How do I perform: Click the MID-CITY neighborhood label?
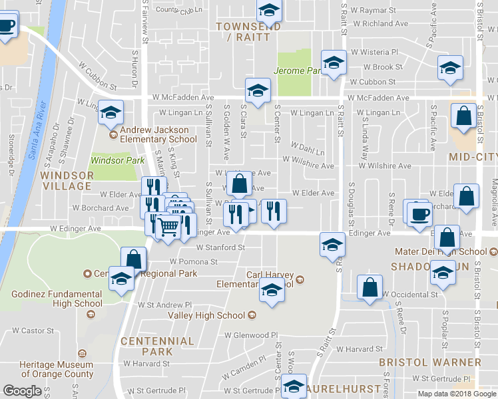(x=473, y=158)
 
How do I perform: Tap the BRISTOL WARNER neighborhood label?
(x=430, y=362)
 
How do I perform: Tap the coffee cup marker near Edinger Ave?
(x=419, y=215)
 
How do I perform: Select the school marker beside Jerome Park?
(x=333, y=63)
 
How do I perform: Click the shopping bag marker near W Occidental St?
(x=370, y=287)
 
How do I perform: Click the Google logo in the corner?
(x=23, y=391)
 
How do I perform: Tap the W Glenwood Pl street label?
(x=251, y=335)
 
